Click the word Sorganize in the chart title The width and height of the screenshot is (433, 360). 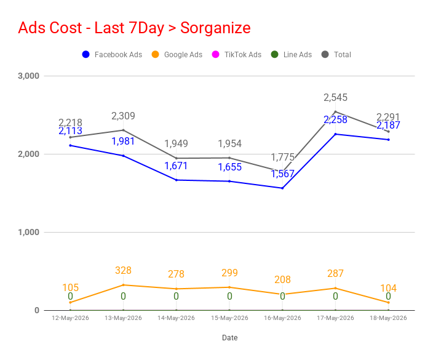click(x=215, y=28)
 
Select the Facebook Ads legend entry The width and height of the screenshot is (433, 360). click(x=112, y=54)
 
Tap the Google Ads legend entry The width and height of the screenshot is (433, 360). click(x=177, y=54)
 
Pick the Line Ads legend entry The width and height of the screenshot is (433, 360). click(x=291, y=54)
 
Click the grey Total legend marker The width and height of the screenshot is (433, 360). click(x=325, y=54)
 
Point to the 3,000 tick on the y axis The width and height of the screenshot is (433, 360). click(x=28, y=76)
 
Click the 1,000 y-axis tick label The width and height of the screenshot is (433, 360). click(x=28, y=232)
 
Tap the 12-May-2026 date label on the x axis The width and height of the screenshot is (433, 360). click(x=70, y=318)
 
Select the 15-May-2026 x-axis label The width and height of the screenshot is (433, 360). click(x=229, y=318)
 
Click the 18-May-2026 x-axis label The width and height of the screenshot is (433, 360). click(x=388, y=318)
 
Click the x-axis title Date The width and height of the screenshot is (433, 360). click(x=230, y=338)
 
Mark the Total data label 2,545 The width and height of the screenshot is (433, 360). click(x=335, y=97)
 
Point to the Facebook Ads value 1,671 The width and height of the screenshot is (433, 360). click(x=176, y=166)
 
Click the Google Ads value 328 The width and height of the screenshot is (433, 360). click(x=123, y=271)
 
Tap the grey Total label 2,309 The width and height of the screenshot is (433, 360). click(x=123, y=116)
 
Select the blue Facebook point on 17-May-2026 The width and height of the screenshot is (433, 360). click(x=336, y=134)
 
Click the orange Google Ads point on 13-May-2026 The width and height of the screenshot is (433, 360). click(x=123, y=285)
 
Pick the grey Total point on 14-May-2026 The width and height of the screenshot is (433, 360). click(x=176, y=158)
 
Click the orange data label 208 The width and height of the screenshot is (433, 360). click(x=282, y=280)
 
